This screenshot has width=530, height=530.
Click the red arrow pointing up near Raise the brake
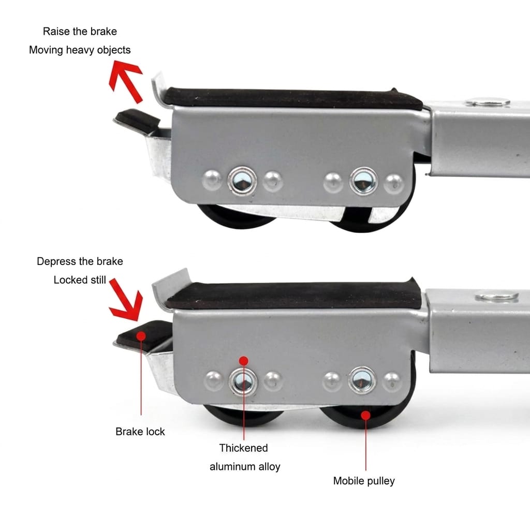click(x=127, y=81)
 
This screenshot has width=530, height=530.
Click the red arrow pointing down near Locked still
click(x=126, y=300)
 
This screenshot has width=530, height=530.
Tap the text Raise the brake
click(x=80, y=32)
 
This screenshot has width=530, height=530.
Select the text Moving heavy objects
click(x=80, y=50)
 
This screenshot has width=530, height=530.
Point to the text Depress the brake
click(x=80, y=261)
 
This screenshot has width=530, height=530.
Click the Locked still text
click(x=80, y=280)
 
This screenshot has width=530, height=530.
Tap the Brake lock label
click(x=140, y=432)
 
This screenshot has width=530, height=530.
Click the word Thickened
click(x=243, y=448)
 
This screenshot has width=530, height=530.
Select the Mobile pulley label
click(x=364, y=481)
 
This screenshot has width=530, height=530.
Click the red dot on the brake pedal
click(x=141, y=336)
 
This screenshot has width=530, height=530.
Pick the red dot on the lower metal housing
click(x=243, y=361)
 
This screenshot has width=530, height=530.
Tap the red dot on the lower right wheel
click(x=365, y=415)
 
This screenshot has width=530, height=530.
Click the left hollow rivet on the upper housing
click(x=242, y=181)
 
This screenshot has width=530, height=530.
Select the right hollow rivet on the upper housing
click(x=363, y=181)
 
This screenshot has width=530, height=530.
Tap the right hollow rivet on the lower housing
click(x=362, y=380)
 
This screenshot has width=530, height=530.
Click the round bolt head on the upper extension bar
click(x=488, y=102)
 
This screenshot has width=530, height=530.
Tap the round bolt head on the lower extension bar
click(x=496, y=297)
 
